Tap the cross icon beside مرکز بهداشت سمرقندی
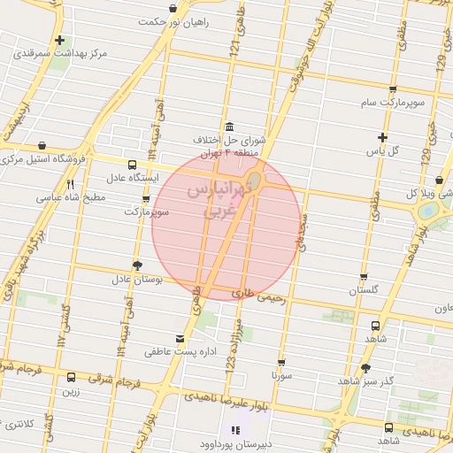point(59,40)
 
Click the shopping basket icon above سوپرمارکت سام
point(392,88)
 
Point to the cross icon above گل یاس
point(382,137)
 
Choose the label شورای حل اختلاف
point(230,140)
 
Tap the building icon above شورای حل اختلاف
point(230,125)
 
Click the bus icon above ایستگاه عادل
point(132,164)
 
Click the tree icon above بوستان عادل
point(136,265)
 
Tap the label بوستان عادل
point(137,280)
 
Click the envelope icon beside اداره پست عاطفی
point(181,339)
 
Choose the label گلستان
point(364,290)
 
